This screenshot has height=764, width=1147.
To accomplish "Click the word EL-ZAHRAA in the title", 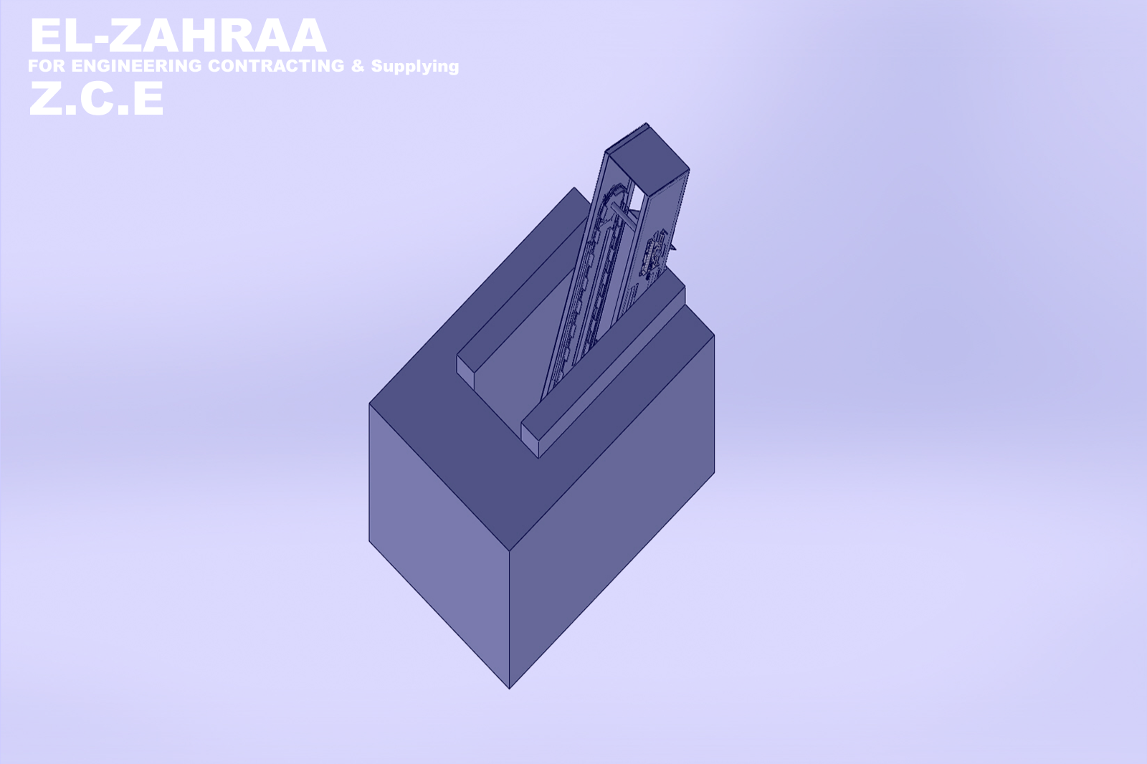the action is [179, 35].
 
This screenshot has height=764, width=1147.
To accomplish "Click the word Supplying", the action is [415, 67].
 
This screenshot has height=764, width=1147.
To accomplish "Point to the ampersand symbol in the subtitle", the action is [358, 65].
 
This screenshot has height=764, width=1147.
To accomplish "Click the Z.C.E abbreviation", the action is [96, 97].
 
